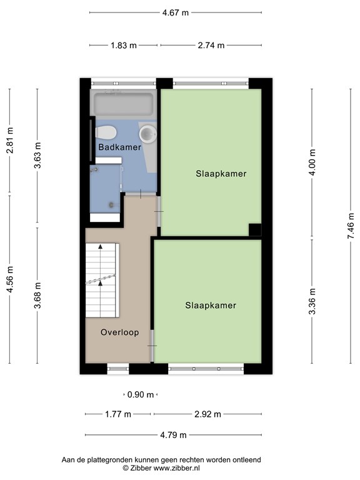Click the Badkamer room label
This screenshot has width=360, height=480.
[119, 147]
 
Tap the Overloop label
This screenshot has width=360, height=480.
[119, 332]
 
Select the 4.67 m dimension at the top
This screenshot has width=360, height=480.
[175, 12]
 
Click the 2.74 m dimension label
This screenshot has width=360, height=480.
[211, 45]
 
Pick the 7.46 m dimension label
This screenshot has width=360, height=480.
[351, 227]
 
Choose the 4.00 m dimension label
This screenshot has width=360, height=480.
[312, 162]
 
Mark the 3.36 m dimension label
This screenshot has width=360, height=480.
[312, 301]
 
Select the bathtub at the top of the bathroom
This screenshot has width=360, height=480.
[122, 103]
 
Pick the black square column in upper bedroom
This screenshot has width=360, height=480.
[254, 229]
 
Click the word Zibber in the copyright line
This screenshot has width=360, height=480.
[142, 467]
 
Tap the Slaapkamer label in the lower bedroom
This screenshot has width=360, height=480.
[211, 306]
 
